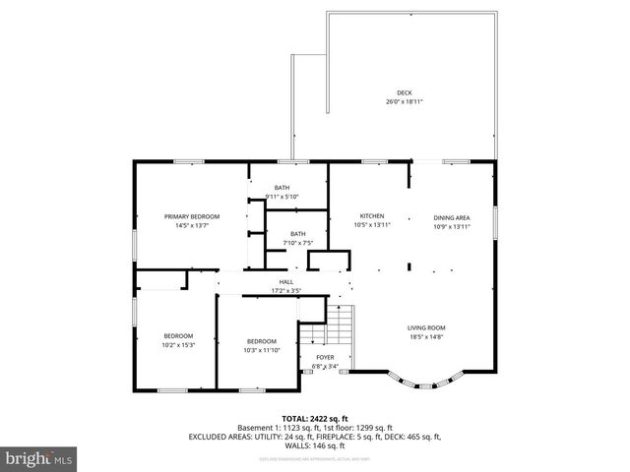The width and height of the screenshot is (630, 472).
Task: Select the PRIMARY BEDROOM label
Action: (x=192, y=216)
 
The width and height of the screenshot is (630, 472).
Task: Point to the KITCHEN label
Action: (x=371, y=216)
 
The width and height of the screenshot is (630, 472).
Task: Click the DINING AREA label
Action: (x=452, y=217)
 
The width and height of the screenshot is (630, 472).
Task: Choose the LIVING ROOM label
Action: (x=427, y=327)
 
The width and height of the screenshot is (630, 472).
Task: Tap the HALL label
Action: (x=285, y=282)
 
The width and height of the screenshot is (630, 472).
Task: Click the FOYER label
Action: (x=325, y=357)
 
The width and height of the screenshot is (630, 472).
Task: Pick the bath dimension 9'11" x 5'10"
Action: (x=283, y=197)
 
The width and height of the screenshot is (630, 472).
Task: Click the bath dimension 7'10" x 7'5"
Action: (x=297, y=243)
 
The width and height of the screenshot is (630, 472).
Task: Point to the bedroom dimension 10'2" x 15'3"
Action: (x=178, y=344)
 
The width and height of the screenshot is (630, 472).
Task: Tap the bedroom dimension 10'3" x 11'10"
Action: (x=262, y=350)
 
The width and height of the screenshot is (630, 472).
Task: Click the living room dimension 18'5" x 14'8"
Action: (x=427, y=336)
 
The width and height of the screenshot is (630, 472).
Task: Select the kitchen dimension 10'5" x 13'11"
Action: (x=372, y=225)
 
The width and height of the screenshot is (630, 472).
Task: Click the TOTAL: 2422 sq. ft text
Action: (x=315, y=418)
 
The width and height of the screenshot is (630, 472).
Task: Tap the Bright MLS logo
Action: (x=38, y=457)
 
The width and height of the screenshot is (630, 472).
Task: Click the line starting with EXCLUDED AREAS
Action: (x=315, y=436)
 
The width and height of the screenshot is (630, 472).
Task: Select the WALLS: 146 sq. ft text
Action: (x=315, y=444)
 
